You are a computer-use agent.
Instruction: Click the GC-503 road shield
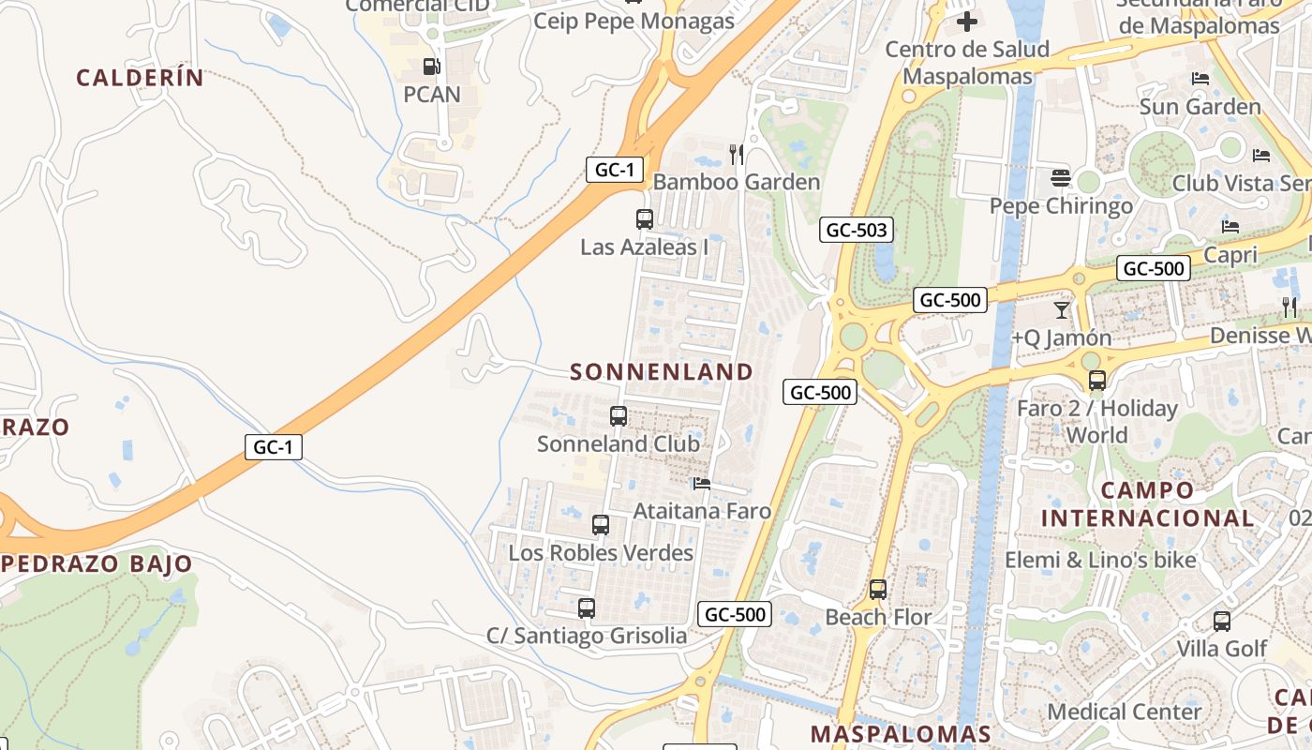856,230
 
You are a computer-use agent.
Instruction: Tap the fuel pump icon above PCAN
431,67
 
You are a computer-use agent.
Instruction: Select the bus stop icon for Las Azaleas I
645,219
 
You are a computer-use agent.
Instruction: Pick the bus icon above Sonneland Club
619,415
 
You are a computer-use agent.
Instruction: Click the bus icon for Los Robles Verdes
601,525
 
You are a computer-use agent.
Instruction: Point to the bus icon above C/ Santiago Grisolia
587,608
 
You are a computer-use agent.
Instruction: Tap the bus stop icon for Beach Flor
878,590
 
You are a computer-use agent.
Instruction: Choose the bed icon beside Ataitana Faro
701,484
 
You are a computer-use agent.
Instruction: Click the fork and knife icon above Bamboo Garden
737,154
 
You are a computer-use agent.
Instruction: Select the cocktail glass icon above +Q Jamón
1062,310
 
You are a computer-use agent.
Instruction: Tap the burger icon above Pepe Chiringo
1061,177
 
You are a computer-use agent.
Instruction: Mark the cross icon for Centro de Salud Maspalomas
967,21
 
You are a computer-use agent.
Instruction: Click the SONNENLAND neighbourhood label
662,372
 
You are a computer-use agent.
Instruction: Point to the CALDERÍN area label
140,78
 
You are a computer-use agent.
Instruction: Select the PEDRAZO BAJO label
97,564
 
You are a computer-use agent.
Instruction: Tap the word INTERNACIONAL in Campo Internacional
1148,517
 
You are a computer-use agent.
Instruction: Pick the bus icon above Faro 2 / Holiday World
1097,381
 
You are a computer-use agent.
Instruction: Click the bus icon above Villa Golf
1222,621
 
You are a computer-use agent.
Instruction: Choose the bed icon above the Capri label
1230,227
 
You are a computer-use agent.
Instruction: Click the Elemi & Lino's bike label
1100,561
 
